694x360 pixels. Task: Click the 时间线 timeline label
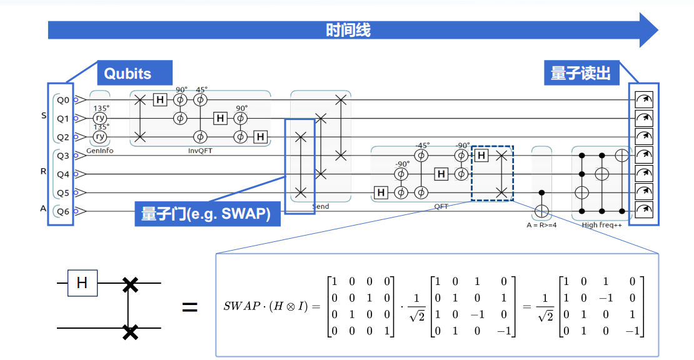[x=348, y=29]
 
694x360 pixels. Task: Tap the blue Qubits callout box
[x=128, y=73]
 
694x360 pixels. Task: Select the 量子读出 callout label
[x=580, y=73]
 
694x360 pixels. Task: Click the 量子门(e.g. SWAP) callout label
[x=206, y=214]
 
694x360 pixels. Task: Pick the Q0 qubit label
[x=63, y=99]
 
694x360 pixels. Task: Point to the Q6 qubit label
[x=63, y=211]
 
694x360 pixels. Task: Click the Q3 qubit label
[x=63, y=155]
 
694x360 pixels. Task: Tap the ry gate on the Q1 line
[x=100, y=117]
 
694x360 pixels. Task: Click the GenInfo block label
[x=100, y=151]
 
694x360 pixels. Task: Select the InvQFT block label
[x=200, y=151]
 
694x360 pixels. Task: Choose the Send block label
[x=320, y=206]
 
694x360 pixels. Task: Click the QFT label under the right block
[x=441, y=206]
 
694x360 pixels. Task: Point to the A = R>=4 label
[x=541, y=224]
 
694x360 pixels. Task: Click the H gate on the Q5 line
[x=381, y=192]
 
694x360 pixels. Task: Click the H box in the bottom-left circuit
[x=82, y=283]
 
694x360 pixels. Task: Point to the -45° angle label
[x=422, y=144]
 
